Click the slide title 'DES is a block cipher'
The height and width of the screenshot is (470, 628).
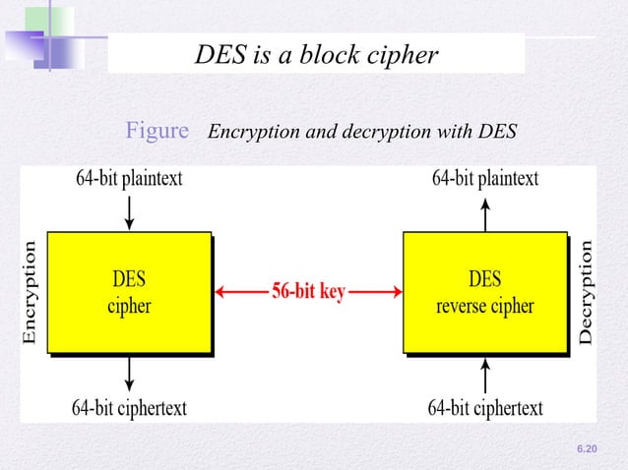pos(315,55)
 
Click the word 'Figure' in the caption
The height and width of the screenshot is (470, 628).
pos(157,130)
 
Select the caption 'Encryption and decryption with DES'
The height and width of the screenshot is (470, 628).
pos(362,131)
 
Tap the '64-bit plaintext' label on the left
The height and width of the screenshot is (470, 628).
pos(128,178)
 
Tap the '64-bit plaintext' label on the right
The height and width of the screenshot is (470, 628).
pos(485,178)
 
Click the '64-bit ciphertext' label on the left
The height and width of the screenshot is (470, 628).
pos(129,407)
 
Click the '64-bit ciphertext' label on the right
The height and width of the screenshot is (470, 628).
pos(485,407)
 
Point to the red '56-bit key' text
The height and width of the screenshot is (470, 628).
pos(308,292)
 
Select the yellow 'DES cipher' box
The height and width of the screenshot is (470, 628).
pos(129,291)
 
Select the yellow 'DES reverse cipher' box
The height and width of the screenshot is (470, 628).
pos(484,291)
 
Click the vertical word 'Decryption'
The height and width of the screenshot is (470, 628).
pos(586,292)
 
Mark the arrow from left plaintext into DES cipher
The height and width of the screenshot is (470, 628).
pos(129,209)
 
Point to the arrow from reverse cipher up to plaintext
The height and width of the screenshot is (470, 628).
pos(484,210)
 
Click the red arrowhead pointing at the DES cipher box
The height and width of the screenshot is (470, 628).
pos(220,292)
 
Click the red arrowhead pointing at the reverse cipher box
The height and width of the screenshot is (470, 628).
pos(396,292)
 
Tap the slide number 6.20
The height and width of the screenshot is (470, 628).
pos(587,448)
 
